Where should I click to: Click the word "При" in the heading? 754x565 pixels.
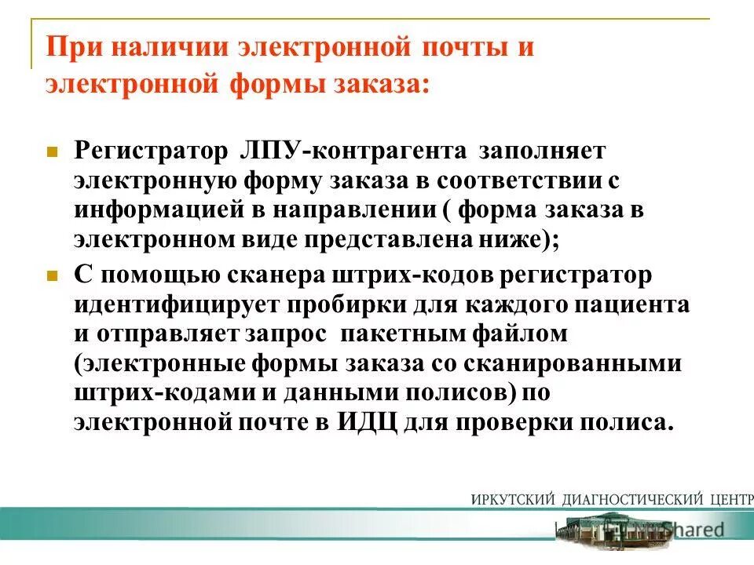click(x=71, y=46)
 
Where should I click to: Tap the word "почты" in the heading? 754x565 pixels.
click(x=469, y=46)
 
